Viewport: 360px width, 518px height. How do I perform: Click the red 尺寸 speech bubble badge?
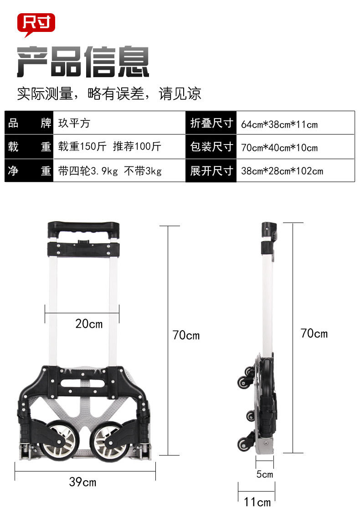[36, 23]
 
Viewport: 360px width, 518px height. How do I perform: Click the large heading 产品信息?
[83, 62]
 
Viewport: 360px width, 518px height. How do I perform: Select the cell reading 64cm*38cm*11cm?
[279, 124]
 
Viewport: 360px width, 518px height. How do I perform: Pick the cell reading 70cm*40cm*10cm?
[279, 148]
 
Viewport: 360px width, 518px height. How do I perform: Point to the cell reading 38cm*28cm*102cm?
[282, 171]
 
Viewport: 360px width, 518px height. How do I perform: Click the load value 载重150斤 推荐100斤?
[109, 147]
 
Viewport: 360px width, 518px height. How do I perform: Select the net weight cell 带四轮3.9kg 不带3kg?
[110, 171]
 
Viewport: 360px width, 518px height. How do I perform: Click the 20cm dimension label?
[89, 324]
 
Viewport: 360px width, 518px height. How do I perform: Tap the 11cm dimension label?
[257, 502]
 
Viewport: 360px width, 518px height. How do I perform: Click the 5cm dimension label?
[264, 474]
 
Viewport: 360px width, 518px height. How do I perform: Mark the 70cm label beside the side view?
[314, 333]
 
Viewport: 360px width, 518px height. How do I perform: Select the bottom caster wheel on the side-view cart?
[242, 443]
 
